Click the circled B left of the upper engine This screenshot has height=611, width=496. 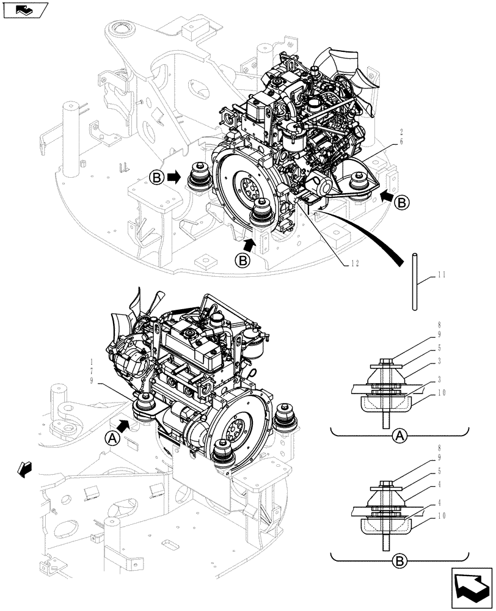156,178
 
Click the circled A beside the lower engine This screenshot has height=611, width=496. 112,437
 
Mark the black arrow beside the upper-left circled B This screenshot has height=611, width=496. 175,178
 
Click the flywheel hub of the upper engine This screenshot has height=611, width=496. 250,185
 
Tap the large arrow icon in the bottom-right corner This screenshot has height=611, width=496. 472,587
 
